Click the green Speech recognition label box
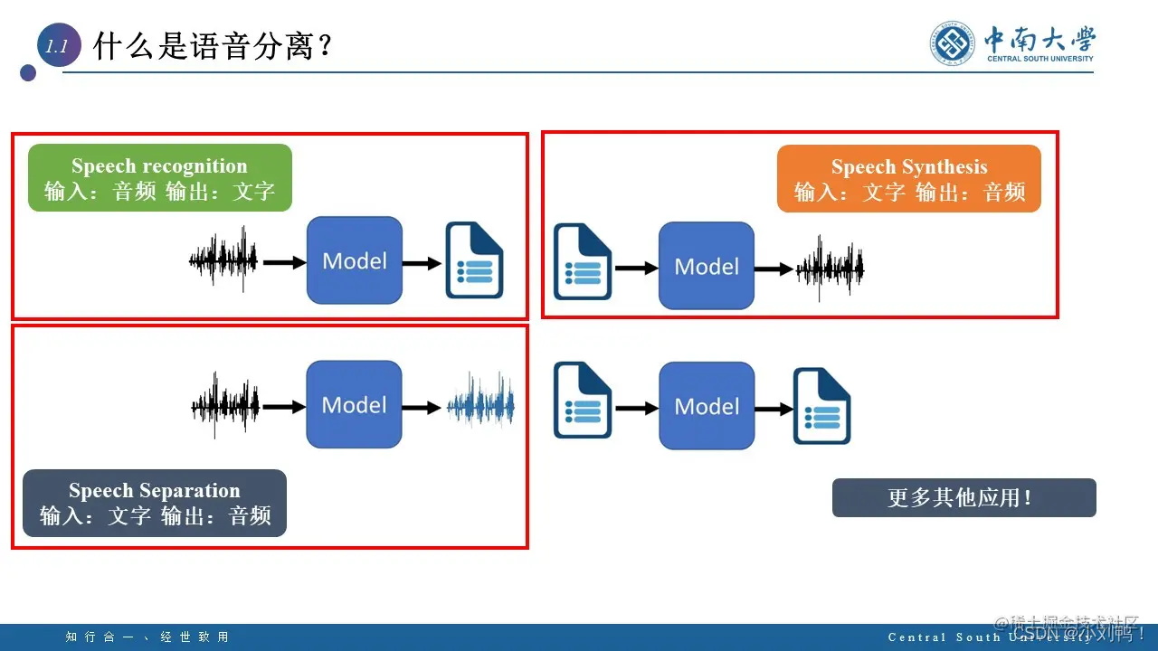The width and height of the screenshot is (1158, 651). [159, 178]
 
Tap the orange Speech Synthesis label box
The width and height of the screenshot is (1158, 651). [908, 179]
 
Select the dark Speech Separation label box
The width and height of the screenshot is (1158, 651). [155, 504]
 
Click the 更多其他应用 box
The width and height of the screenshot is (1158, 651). [963, 498]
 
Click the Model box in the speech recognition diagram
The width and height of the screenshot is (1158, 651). [354, 260]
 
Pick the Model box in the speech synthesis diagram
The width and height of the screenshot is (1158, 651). [707, 266]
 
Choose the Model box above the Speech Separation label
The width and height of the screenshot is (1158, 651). [354, 404]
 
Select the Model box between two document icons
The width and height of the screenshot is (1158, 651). [707, 406]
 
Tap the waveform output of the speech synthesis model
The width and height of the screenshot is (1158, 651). [830, 268]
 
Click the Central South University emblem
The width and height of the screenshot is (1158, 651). [954, 43]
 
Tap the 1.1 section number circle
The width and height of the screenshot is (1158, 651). [58, 47]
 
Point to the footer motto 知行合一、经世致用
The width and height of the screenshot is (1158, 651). [147, 637]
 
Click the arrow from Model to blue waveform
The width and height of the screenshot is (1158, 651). [422, 407]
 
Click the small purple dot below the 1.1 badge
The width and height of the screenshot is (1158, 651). [28, 72]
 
